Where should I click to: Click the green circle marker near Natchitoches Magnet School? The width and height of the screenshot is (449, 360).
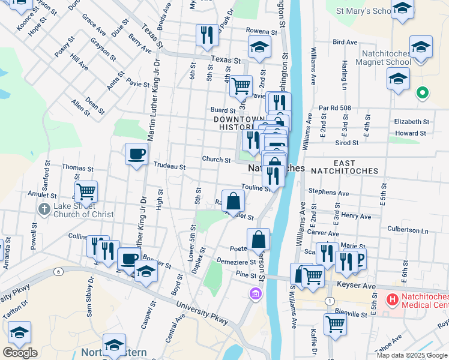click(422, 93)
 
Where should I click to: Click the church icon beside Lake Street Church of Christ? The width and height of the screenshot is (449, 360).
click(44, 209)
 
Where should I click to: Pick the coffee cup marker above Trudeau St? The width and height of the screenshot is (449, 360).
click(136, 154)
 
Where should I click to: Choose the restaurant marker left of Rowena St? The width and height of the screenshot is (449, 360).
click(206, 35)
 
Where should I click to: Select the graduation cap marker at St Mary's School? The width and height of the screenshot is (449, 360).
click(402, 9)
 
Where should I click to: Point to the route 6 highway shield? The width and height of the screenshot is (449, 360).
click(58, 271)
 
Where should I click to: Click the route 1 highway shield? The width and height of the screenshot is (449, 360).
click(329, 301)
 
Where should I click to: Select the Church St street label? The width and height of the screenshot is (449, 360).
click(216, 160)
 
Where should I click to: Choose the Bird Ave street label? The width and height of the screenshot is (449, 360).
click(345, 43)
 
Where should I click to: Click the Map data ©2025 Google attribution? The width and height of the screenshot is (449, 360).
click(412, 355)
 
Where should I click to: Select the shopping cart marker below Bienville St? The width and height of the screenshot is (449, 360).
click(335, 324)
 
